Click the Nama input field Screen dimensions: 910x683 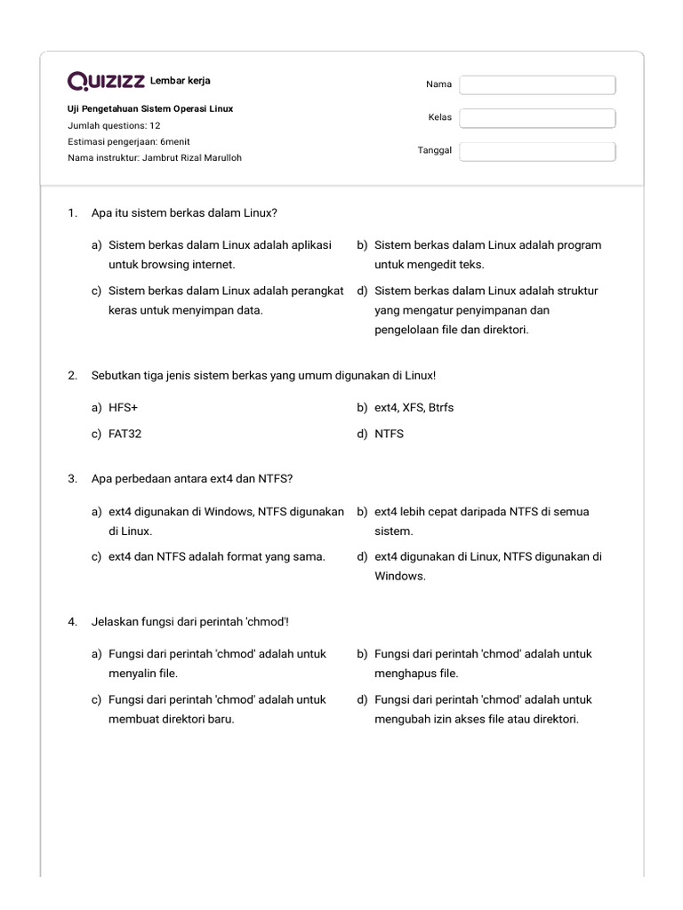537,84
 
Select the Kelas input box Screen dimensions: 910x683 537,118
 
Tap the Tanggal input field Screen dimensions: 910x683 537,151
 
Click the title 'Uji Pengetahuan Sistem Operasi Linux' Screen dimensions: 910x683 150,108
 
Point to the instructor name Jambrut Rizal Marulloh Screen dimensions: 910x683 191,158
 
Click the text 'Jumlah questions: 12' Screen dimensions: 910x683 114,125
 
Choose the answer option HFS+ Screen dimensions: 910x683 123,408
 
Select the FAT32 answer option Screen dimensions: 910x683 125,435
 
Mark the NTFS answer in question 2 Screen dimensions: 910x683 389,435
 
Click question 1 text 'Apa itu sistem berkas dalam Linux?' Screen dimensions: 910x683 184,213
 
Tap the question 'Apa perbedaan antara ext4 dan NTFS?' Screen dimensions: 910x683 192,479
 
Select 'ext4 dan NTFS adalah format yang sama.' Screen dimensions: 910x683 216,556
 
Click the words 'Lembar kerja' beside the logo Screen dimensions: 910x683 181,81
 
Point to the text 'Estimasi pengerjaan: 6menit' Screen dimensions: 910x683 128,141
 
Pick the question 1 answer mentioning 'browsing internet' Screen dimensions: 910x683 219,254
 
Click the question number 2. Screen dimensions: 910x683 72,376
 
